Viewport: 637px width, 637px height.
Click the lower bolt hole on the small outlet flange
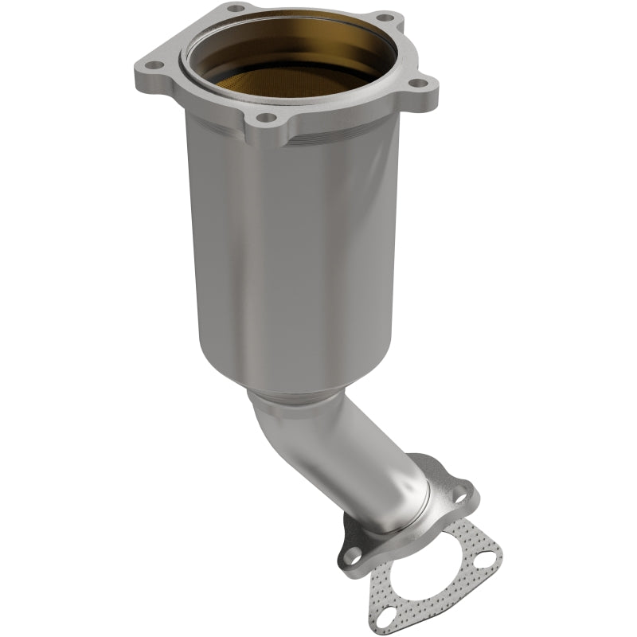351,553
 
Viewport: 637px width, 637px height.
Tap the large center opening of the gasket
422,557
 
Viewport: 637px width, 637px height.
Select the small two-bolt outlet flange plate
446,478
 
